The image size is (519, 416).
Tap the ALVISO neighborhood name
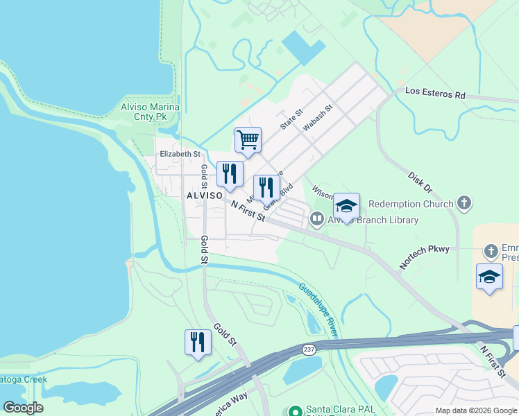[x=204, y=196]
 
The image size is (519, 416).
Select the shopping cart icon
[x=248, y=140]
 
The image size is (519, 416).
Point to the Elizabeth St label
[x=180, y=154]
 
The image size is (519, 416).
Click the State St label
[x=291, y=119]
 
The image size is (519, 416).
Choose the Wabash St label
[x=318, y=118]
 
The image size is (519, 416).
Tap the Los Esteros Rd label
[x=435, y=93]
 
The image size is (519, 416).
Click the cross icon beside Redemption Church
[x=465, y=204]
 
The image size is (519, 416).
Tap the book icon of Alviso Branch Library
[x=316, y=220]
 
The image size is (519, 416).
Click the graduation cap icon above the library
[x=346, y=206]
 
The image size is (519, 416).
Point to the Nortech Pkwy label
[x=424, y=257]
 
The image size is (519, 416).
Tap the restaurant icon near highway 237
[x=198, y=343]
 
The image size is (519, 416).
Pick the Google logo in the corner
[x=23, y=408]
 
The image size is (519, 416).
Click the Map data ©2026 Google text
[x=475, y=410]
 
